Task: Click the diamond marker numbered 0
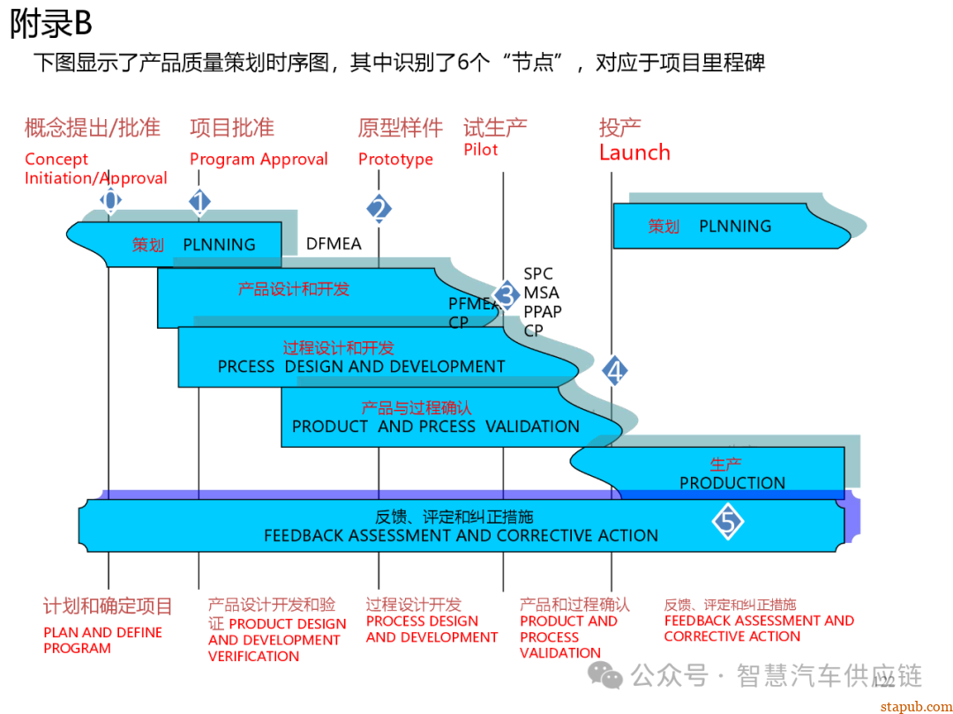click(x=109, y=200)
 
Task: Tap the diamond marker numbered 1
click(x=199, y=202)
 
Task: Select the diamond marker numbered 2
click(x=379, y=209)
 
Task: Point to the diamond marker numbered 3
click(x=506, y=295)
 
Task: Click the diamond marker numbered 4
click(x=614, y=370)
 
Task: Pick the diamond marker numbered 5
click(x=728, y=522)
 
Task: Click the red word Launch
click(x=634, y=152)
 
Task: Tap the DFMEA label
click(x=334, y=244)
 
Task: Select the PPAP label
click(x=542, y=311)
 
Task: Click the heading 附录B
click(x=51, y=25)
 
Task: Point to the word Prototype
click(x=395, y=160)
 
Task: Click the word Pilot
click(x=481, y=150)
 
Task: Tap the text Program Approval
click(x=259, y=160)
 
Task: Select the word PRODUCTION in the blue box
click(x=732, y=483)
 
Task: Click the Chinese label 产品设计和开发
click(x=294, y=288)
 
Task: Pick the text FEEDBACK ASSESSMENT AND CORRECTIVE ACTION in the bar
click(x=461, y=536)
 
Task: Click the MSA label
click(x=541, y=293)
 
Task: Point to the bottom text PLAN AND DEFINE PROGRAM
click(x=102, y=640)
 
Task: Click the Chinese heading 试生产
click(x=495, y=128)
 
